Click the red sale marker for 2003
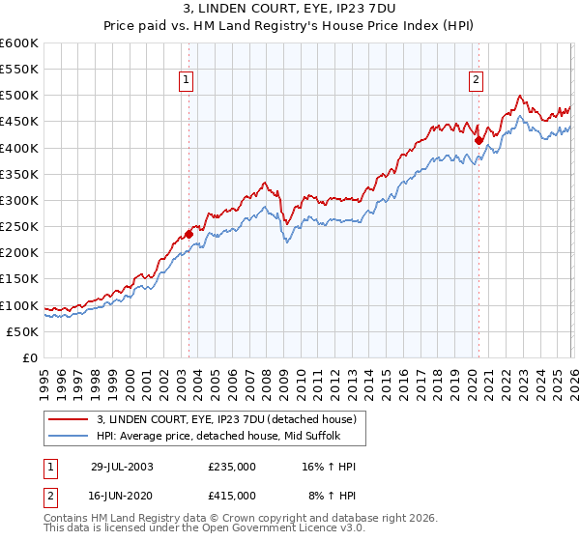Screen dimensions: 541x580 pos(189,233)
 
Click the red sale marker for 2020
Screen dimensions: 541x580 pos(478,139)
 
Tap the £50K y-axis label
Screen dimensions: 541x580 pos(22,331)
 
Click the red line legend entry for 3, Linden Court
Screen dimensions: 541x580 pos(227,419)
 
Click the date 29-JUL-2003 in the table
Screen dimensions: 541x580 pos(122,467)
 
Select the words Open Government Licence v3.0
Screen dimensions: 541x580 pos(285,529)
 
